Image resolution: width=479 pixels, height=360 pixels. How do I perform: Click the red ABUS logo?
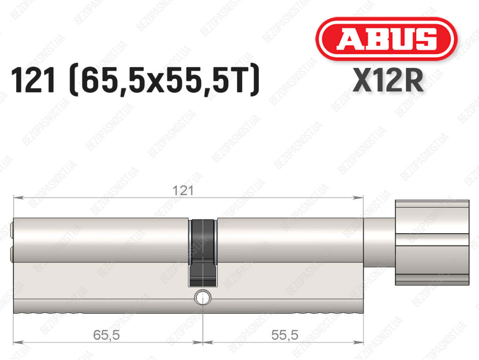386,39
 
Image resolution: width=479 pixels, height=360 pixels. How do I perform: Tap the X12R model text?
388,80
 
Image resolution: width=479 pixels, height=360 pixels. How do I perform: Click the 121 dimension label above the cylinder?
183,191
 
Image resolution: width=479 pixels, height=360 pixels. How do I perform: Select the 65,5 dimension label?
106,335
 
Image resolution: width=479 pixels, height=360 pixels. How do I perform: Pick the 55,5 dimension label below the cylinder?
285,335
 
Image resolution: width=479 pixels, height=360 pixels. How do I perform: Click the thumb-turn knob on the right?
432,242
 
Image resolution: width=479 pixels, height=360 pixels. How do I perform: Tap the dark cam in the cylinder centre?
202,252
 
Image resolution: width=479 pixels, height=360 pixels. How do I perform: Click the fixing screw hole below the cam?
203,297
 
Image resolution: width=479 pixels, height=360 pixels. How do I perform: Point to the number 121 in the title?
33,80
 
